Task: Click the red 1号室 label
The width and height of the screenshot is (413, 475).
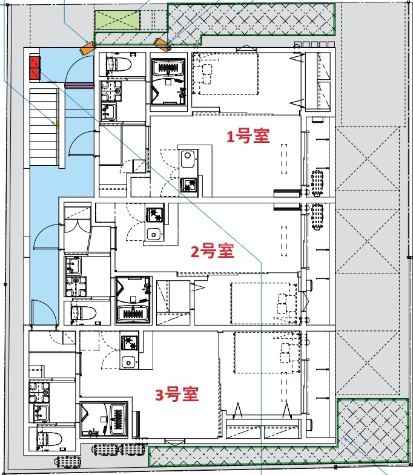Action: pos(248,137)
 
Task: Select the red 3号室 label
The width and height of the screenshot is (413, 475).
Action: pos(177,395)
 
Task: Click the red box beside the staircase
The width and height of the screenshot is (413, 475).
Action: pos(34,68)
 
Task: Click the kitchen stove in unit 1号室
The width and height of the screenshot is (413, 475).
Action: pos(188,184)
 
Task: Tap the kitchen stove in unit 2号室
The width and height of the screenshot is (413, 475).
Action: pos(152,215)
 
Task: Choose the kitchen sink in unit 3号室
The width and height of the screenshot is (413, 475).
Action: pos(128,362)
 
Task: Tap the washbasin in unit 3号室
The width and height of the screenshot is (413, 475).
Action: pos(41,413)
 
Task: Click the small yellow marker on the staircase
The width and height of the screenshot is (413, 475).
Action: pos(58,126)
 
